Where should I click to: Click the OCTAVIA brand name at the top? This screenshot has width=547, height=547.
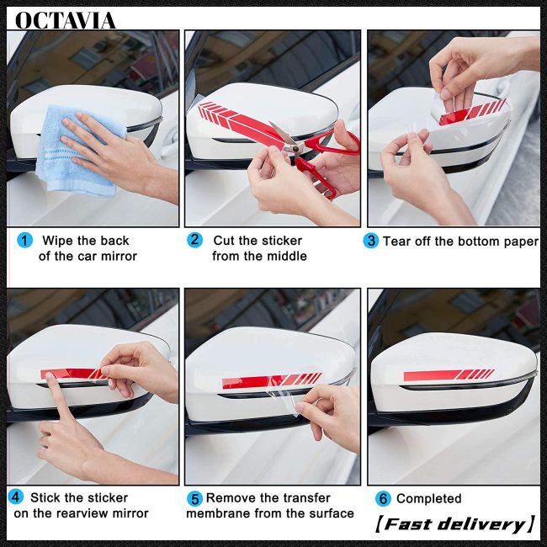point(66,20)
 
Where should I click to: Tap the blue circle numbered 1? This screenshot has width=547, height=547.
point(24,241)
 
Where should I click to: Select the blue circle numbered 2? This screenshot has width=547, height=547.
point(194,240)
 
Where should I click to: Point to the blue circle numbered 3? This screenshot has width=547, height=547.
point(371,241)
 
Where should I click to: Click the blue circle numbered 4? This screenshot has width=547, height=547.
point(16,497)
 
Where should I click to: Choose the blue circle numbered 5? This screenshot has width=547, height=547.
point(194,499)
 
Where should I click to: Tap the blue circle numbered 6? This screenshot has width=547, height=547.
point(383,498)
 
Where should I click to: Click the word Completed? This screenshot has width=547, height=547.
point(428,498)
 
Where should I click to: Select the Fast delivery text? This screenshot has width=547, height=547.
point(455,524)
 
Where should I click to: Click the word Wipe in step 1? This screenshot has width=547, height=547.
point(58,241)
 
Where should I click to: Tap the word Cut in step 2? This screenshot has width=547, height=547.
point(225,241)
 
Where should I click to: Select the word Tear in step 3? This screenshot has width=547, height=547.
point(396,241)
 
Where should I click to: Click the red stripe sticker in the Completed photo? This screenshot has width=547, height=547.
point(449,374)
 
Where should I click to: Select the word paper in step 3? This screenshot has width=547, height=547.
point(521,242)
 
